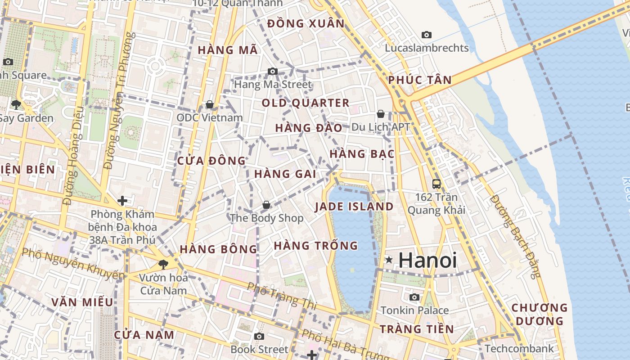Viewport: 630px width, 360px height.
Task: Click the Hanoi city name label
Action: (427, 260)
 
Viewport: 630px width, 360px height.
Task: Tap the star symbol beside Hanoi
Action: (389, 260)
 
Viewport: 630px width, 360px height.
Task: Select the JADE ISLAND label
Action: (354, 207)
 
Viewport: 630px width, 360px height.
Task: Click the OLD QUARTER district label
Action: (306, 103)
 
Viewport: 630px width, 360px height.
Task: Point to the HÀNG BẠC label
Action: (362, 154)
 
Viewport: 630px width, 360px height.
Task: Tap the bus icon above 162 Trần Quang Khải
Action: (436, 184)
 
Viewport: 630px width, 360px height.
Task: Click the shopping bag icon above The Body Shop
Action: (266, 205)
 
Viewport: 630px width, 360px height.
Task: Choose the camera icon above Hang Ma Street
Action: (272, 71)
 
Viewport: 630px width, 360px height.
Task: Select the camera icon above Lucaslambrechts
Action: (426, 35)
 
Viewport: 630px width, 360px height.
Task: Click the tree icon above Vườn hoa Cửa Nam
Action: (163, 265)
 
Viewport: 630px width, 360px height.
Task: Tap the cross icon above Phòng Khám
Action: (122, 200)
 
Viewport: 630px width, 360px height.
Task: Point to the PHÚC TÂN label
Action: (420, 80)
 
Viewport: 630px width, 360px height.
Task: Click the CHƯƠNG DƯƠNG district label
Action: (540, 315)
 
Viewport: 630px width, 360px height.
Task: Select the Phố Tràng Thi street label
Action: (282, 295)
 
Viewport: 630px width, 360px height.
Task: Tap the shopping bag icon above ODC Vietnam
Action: (209, 104)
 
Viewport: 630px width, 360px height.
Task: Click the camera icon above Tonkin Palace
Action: (414, 297)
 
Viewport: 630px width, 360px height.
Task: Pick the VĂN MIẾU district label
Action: (82, 302)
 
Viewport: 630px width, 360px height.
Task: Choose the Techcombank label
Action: (519, 348)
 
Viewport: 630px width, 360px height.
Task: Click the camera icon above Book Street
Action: (259, 336)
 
